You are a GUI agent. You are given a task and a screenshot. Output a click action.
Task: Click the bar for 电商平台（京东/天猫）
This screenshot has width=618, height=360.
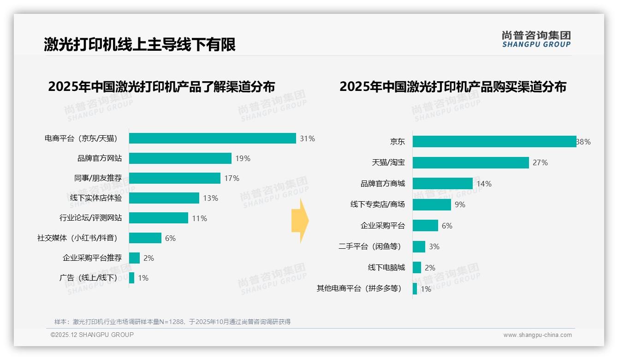(212, 138)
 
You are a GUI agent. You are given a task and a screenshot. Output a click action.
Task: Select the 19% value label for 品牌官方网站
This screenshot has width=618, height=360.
(243, 158)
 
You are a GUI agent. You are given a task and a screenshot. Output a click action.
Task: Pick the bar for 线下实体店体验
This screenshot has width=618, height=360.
(164, 198)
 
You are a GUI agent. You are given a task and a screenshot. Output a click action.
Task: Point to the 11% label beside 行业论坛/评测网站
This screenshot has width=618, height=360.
(199, 218)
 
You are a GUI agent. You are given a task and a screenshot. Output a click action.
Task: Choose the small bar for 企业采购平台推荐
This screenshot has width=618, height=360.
(134, 258)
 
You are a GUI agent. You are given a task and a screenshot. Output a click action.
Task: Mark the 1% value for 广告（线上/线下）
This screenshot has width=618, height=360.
(143, 278)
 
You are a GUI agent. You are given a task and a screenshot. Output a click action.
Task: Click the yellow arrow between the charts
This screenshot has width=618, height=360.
(300, 221)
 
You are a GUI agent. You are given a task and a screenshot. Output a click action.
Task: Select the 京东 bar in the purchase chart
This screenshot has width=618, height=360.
(493, 142)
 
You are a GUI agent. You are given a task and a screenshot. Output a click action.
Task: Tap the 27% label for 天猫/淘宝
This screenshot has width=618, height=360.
(540, 162)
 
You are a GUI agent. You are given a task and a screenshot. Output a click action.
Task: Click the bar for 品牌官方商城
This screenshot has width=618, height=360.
(442, 184)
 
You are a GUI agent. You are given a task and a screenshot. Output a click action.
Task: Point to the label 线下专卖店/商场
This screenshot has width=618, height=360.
(377, 204)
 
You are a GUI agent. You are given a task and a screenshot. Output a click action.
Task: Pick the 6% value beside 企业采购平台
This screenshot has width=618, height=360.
(447, 226)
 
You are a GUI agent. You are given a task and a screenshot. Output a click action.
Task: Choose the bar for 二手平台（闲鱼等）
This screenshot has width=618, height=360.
(419, 246)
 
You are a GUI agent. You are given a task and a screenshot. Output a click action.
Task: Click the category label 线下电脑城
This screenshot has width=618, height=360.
(386, 268)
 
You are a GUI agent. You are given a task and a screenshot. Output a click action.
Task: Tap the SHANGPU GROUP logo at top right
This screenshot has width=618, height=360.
(536, 39)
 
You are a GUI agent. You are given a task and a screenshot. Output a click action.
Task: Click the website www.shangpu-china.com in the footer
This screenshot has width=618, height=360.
(537, 335)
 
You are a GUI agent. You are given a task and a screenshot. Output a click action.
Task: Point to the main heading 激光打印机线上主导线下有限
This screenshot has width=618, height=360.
(140, 44)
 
